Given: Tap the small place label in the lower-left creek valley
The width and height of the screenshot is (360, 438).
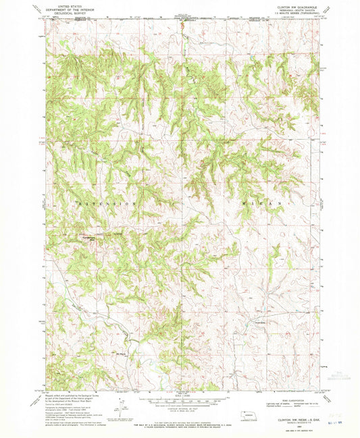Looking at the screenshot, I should click(103, 354).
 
